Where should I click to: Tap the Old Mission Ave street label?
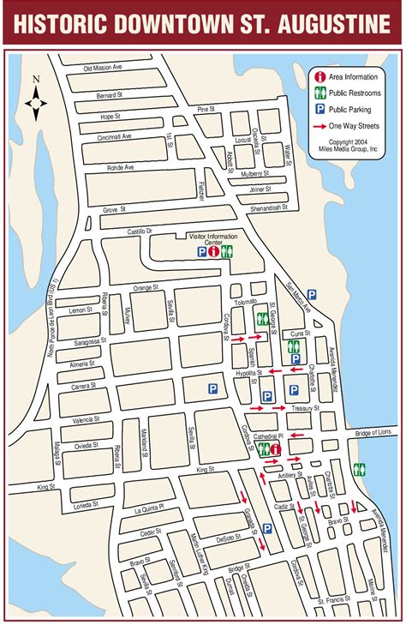coord(104,69)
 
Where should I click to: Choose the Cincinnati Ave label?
coord(114,136)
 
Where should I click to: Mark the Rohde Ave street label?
coord(118,167)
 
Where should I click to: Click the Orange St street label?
coord(146,287)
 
